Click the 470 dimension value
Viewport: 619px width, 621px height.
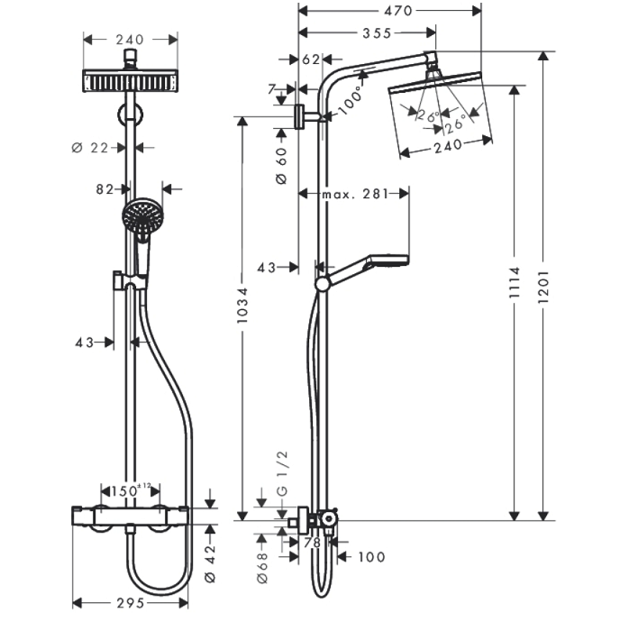pyautogui.click(x=398, y=11)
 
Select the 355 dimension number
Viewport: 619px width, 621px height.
pyautogui.click(x=377, y=33)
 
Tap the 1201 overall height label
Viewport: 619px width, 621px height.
pyautogui.click(x=543, y=287)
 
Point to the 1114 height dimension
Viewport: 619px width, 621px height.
pyautogui.click(x=514, y=282)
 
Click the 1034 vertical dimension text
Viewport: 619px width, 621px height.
pyautogui.click(x=242, y=305)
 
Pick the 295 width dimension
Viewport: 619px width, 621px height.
pyautogui.click(x=131, y=603)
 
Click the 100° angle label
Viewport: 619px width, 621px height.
pyautogui.click(x=350, y=100)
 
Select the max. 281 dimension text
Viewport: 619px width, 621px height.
pyautogui.click(x=355, y=194)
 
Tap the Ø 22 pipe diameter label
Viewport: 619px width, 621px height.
pyautogui.click(x=90, y=148)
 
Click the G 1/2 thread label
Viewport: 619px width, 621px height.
pyautogui.click(x=283, y=473)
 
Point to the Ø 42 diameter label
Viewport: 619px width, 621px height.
pyautogui.click(x=210, y=563)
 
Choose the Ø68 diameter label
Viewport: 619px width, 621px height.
pyautogui.click(x=262, y=568)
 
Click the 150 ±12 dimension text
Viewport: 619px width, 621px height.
pyautogui.click(x=131, y=491)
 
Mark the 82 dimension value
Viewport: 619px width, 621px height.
pyautogui.click(x=105, y=189)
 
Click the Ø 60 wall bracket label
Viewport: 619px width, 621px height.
pyautogui.click(x=281, y=166)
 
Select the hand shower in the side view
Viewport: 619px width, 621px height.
pyautogui.click(x=362, y=271)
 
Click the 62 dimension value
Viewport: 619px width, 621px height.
pyautogui.click(x=311, y=59)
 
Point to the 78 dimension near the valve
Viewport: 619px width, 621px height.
pyautogui.click(x=313, y=543)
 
